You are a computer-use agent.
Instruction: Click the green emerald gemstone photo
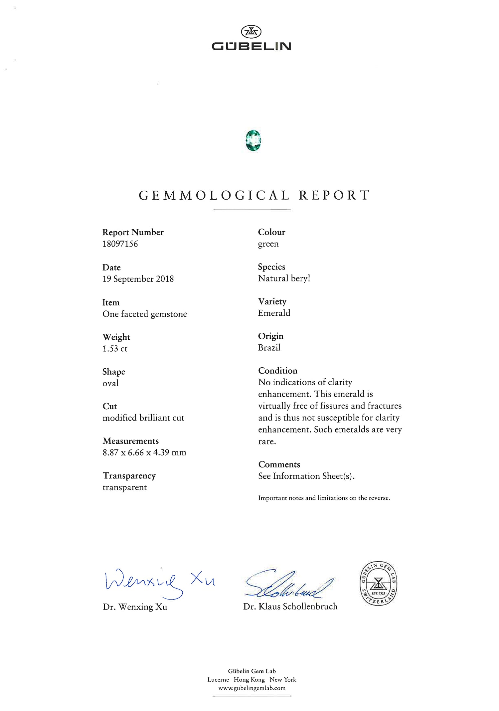click(x=253, y=140)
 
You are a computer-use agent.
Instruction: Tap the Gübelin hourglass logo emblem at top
click(x=251, y=32)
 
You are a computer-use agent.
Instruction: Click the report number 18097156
click(x=120, y=244)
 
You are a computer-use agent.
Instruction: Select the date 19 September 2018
click(x=138, y=279)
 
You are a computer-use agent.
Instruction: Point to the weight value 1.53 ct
click(x=115, y=349)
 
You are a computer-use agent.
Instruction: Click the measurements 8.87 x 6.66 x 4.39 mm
click(x=144, y=452)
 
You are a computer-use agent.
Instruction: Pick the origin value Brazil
click(x=269, y=348)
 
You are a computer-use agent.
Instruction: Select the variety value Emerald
click(x=274, y=313)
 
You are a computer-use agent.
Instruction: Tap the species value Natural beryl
click(x=284, y=278)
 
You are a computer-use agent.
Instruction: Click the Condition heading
click(x=278, y=371)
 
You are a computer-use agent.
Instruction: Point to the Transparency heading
click(x=129, y=476)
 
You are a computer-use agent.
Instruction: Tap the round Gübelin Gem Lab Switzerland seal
click(x=378, y=584)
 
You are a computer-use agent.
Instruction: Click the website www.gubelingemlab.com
click(x=252, y=688)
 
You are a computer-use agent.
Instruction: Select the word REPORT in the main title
click(x=334, y=195)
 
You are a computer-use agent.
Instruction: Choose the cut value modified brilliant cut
click(x=143, y=418)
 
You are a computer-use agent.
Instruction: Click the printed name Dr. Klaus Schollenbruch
click(x=290, y=607)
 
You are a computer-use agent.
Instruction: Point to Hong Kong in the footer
click(x=249, y=680)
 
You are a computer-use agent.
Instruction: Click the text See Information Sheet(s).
click(x=306, y=476)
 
